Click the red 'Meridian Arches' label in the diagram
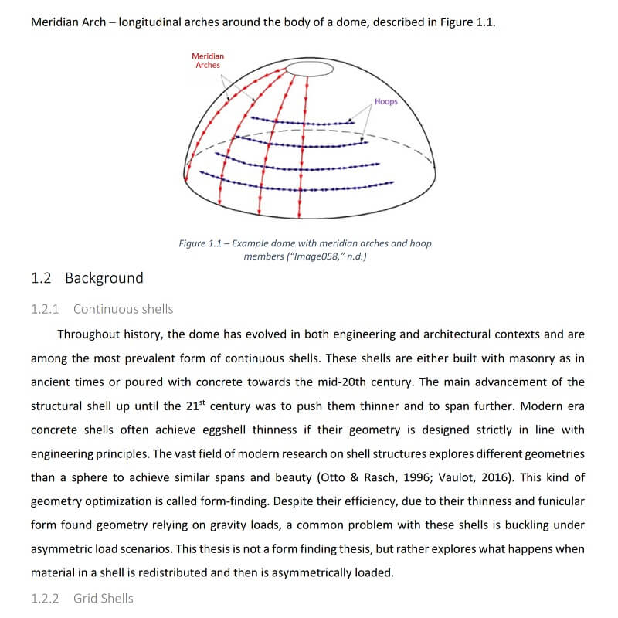pyautogui.click(x=208, y=60)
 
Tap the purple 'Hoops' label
pyautogui.click(x=385, y=101)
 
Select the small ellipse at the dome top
pyautogui.click(x=310, y=70)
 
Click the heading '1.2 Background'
pyautogui.click(x=87, y=278)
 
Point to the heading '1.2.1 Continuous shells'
pyautogui.click(x=102, y=309)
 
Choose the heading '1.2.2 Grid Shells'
pyautogui.click(x=82, y=598)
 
